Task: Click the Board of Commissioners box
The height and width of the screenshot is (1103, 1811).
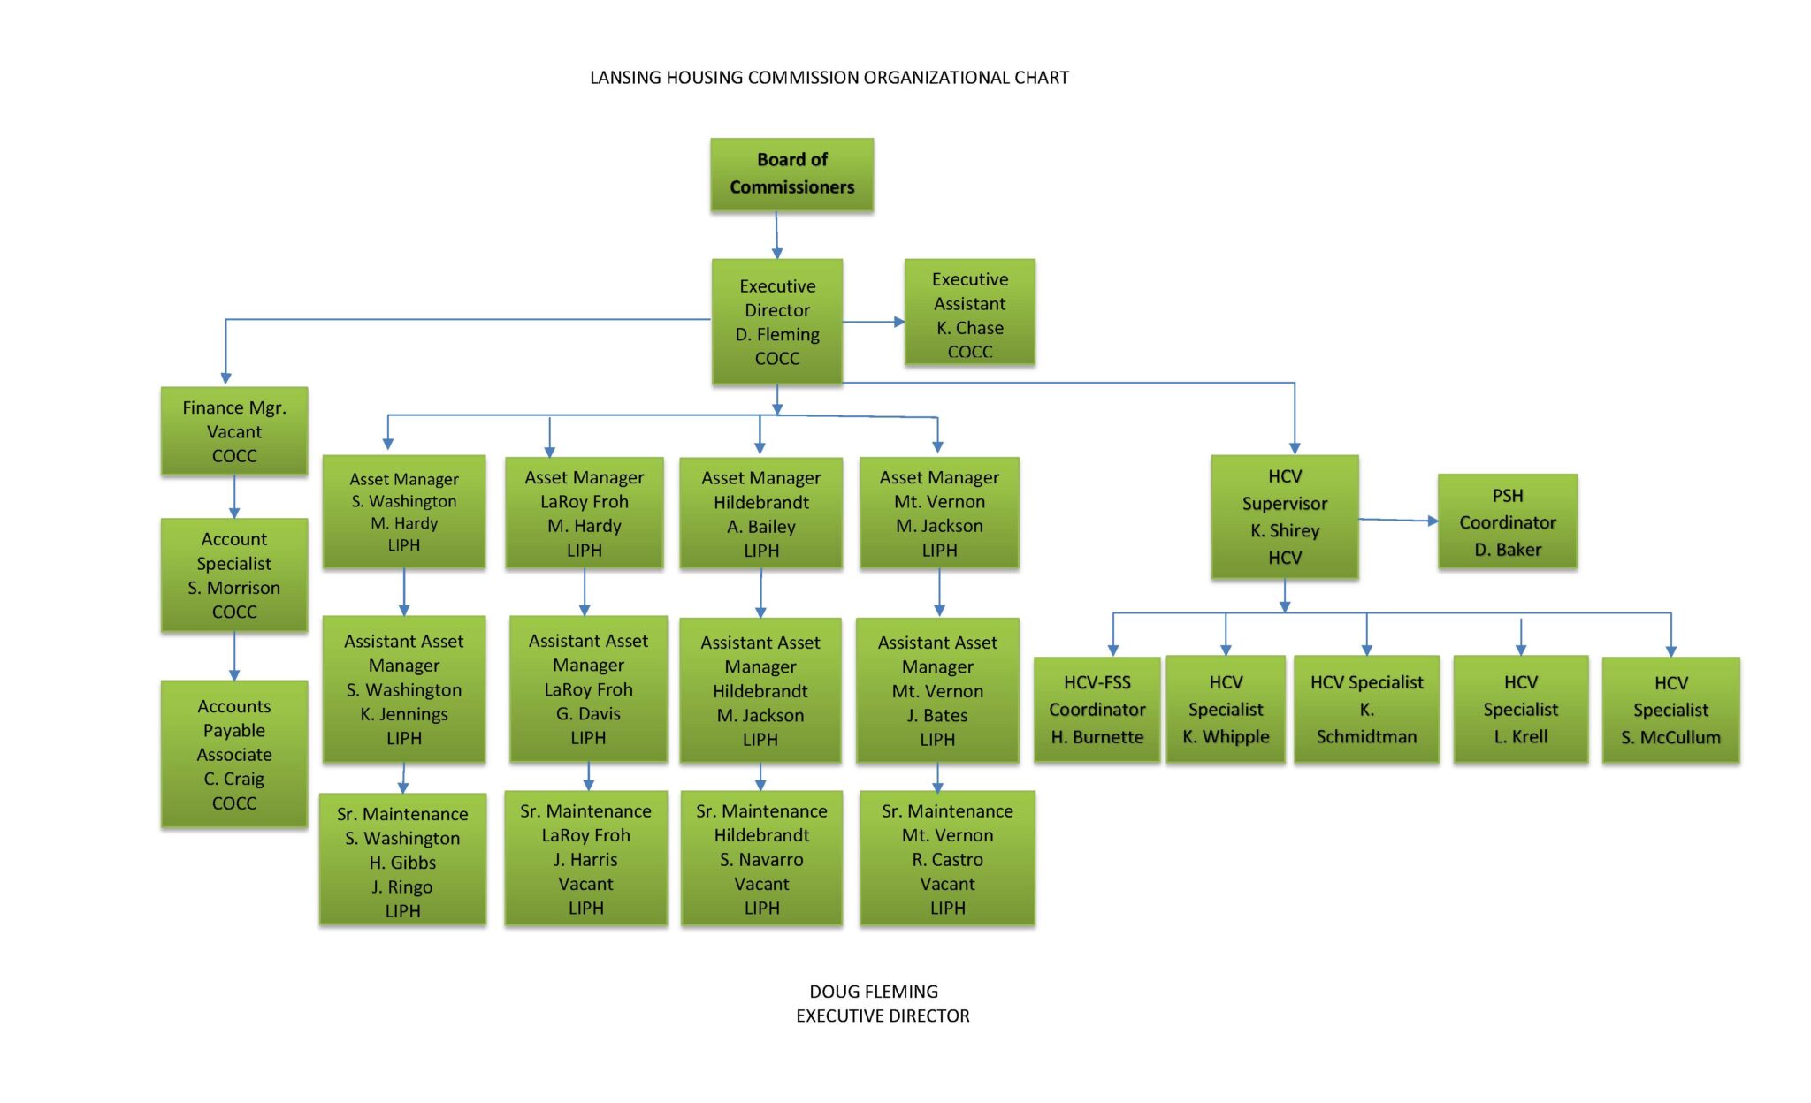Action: pos(791,174)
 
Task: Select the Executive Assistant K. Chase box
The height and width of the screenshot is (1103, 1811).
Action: pos(969,312)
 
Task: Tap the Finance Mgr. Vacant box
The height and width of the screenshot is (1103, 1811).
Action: pos(234,431)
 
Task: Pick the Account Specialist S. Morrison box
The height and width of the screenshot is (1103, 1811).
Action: pos(234,574)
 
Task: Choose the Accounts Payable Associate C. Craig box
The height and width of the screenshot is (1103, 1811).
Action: pos(234,754)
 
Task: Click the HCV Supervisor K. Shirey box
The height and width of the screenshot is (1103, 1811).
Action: pos(1284,517)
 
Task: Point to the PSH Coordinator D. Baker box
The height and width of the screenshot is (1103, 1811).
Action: pos(1507,521)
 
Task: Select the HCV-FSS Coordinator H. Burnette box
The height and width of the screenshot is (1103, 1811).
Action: pos(1097,709)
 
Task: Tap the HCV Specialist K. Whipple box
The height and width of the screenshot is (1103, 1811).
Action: pos(1226,709)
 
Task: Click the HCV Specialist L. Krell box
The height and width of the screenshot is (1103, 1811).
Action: pos(1520,709)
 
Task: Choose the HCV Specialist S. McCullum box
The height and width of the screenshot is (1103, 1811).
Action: pos(1670,710)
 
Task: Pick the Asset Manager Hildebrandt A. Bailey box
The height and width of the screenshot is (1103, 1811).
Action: pos(760,513)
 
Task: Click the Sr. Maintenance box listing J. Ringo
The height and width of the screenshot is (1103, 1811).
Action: pos(402,860)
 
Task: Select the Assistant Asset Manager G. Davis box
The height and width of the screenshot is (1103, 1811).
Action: pos(588,688)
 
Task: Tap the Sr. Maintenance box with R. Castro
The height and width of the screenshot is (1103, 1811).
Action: pos(947,858)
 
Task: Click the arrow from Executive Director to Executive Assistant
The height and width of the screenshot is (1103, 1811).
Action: pos(873,322)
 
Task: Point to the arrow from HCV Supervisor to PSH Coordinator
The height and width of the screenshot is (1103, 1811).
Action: pos(1397,520)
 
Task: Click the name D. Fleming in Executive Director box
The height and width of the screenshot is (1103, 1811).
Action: pos(777,334)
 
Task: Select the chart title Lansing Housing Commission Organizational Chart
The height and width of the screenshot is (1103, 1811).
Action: pos(829,78)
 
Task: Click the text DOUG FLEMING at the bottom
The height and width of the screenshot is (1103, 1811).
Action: pos(874,992)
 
